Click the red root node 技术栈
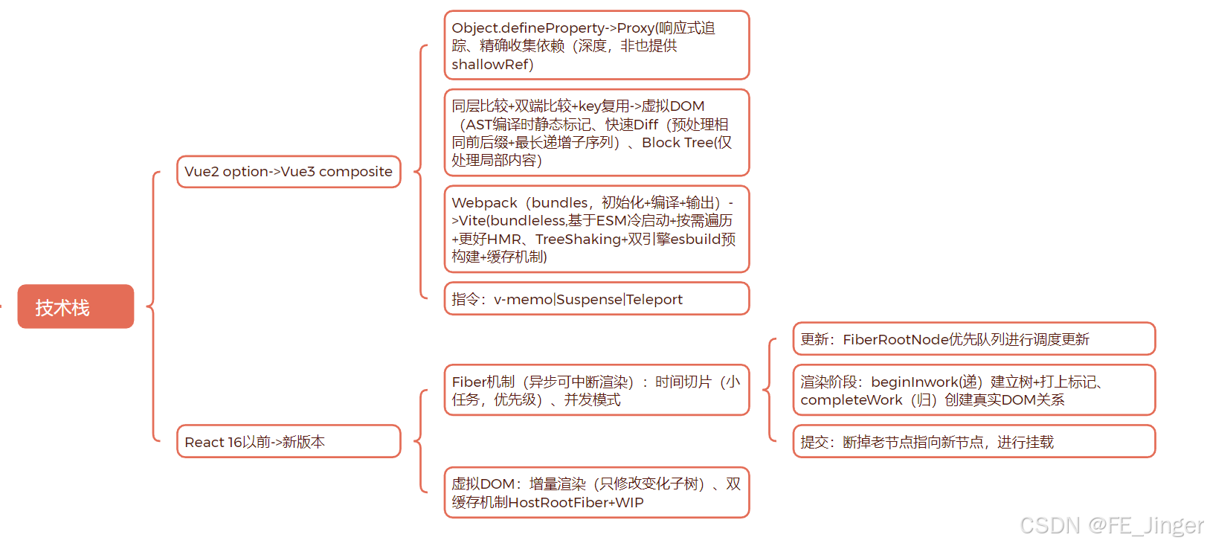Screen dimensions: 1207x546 point(76,306)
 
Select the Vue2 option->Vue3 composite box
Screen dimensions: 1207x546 point(289,172)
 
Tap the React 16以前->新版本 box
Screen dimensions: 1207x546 point(289,442)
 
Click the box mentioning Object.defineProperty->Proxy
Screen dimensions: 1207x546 point(596,45)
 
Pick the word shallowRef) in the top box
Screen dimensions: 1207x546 point(492,65)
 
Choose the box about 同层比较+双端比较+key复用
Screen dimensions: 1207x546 point(596,133)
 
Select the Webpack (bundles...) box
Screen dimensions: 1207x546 point(596,229)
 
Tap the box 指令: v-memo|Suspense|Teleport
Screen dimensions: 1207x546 point(596,299)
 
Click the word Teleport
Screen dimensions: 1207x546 point(654,300)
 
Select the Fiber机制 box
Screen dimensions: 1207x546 point(596,391)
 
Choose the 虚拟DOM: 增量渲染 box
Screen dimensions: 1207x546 point(596,492)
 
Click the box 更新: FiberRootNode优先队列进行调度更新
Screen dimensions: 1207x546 point(973,339)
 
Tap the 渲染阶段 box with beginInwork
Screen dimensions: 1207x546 point(973,391)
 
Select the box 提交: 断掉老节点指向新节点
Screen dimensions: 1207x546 point(973,442)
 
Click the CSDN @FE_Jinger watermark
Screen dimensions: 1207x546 point(1111,525)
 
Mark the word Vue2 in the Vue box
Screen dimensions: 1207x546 point(202,172)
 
